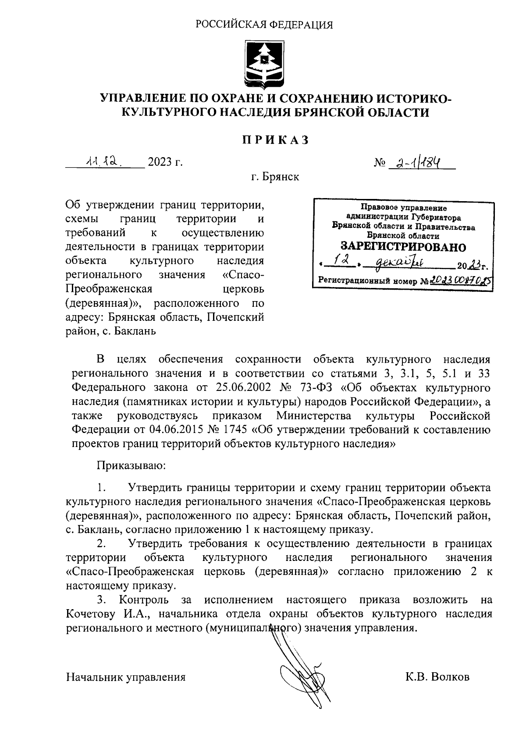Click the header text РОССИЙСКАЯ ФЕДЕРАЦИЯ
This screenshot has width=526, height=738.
coord(264,25)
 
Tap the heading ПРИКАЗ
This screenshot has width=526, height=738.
coord(275,140)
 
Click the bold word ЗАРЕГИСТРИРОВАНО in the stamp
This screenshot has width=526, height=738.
coord(403,247)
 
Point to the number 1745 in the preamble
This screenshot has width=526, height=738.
coord(238,429)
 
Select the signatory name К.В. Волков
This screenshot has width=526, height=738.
coord(437,677)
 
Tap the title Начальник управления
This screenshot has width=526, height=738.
coord(126,677)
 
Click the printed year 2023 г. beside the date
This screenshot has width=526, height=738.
coord(165,163)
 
